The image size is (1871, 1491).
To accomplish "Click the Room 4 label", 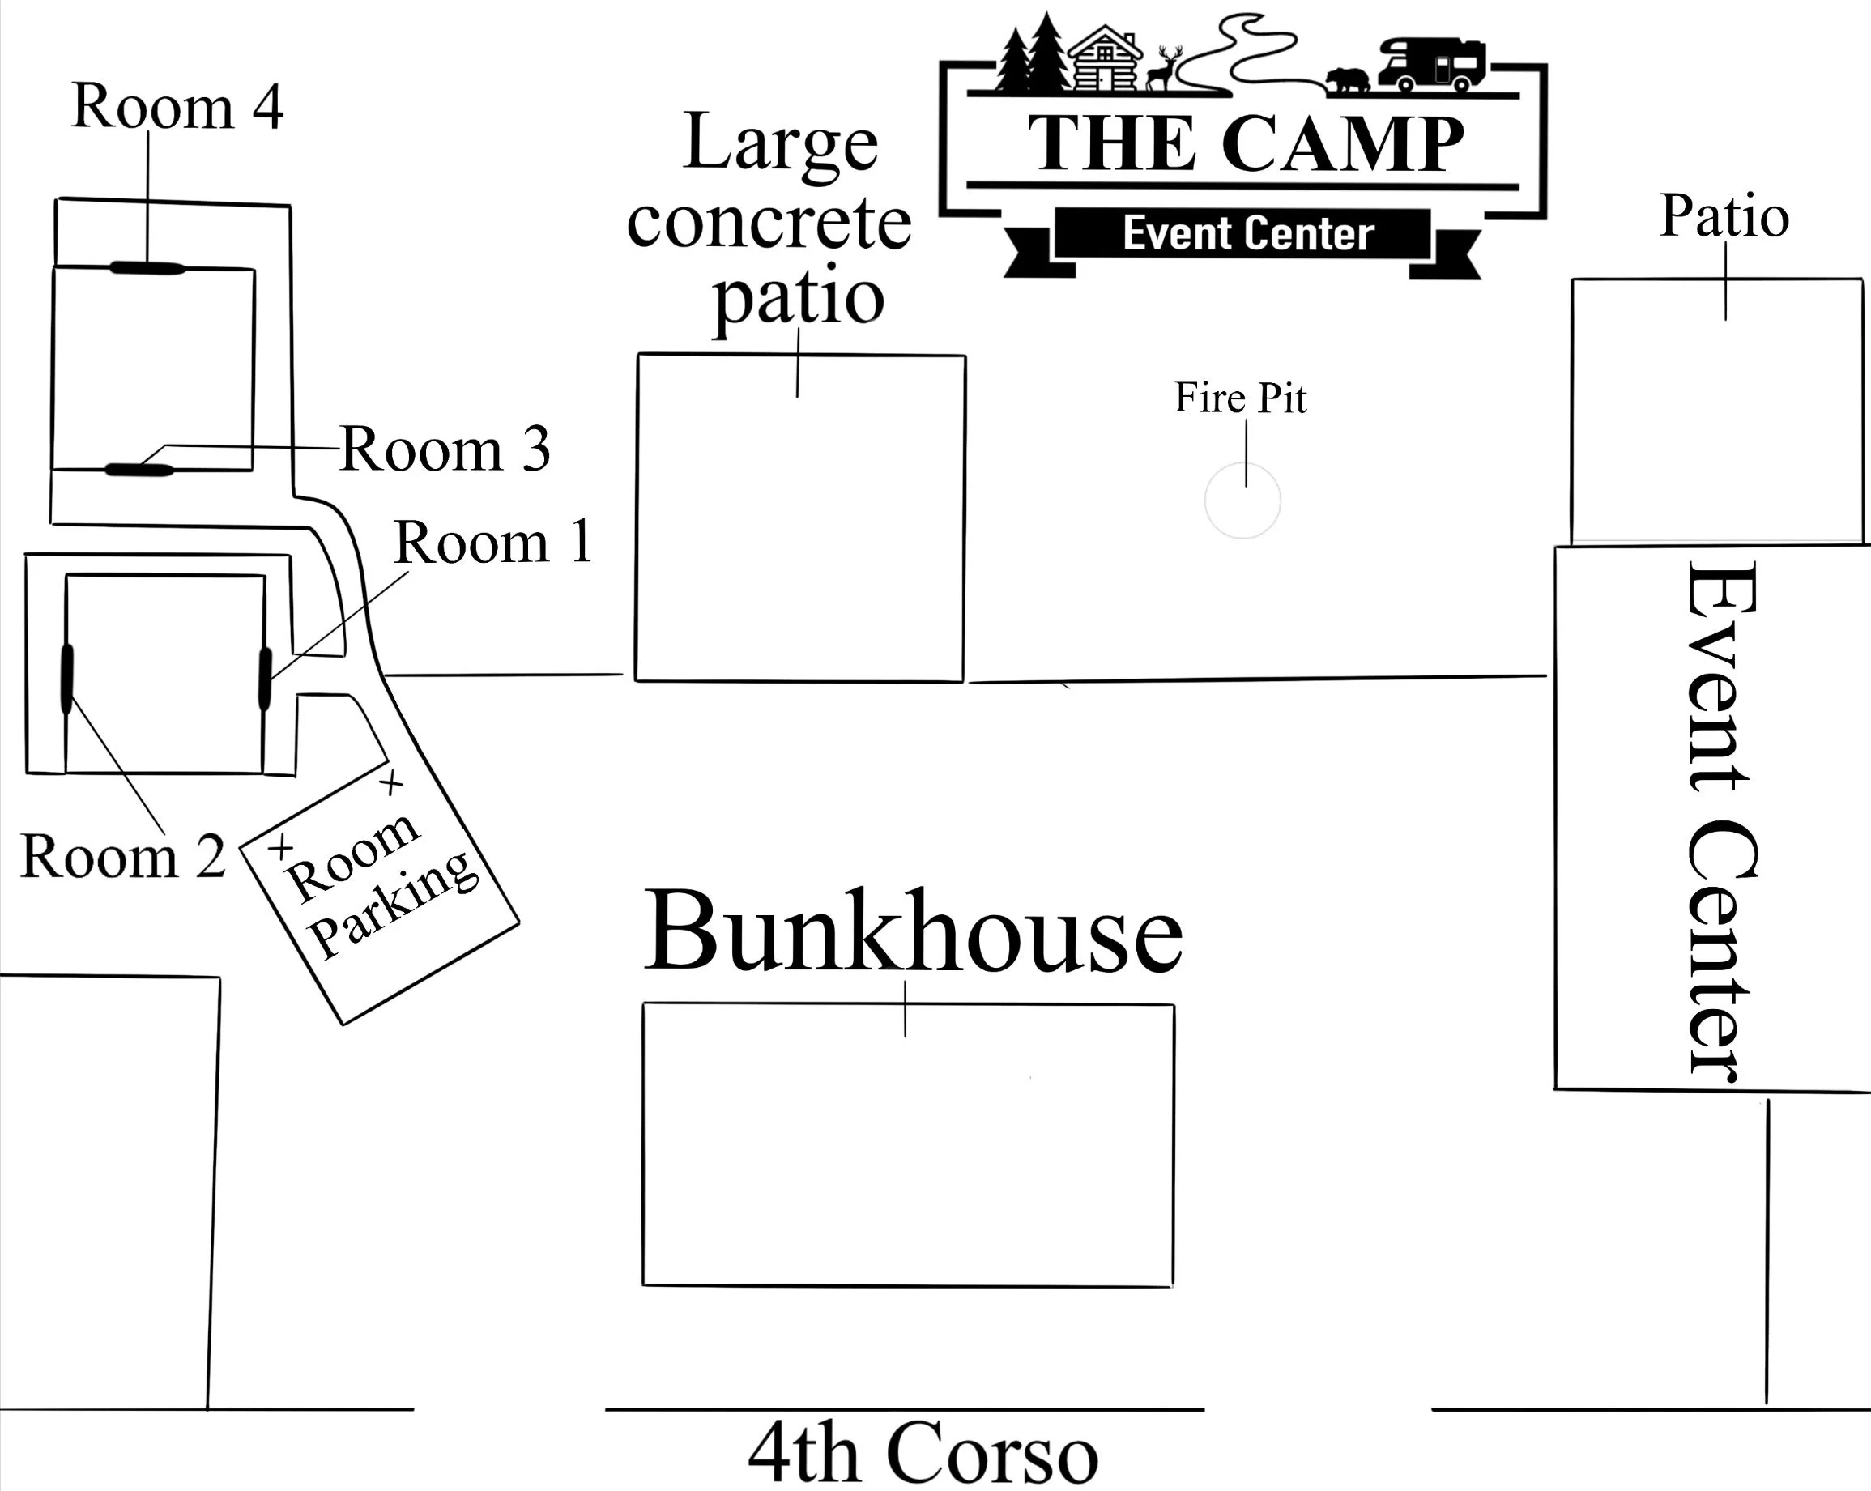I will [x=177, y=107].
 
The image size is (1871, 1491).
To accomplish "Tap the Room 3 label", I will [x=445, y=449].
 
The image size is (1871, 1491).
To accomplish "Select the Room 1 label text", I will [x=493, y=543].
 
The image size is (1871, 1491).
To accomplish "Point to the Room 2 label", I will [x=122, y=857].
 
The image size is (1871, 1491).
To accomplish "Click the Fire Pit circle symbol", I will [x=1242, y=501].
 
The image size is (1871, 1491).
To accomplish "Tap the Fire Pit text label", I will [x=1240, y=398].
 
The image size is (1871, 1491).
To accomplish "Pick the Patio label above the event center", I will [x=1724, y=216].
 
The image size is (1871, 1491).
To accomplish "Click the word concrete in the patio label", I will [x=769, y=223].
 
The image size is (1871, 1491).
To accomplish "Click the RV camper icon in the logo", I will [x=1431, y=63].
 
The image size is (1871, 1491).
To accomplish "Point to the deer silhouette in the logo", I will [x=1164, y=69].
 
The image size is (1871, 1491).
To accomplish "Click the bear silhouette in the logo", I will [x=1347, y=80].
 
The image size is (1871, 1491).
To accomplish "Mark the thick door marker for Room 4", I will [x=147, y=268].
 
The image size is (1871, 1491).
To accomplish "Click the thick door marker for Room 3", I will [x=139, y=471].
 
